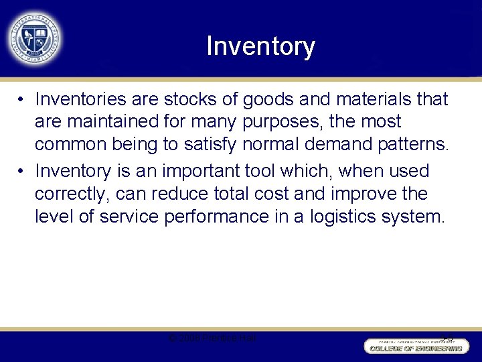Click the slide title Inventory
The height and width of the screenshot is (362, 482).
click(260, 46)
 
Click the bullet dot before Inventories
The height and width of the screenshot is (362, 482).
click(22, 100)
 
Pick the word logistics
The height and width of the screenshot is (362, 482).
click(351, 216)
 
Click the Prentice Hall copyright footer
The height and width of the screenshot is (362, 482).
click(212, 338)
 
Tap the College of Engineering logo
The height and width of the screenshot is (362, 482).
click(414, 345)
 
